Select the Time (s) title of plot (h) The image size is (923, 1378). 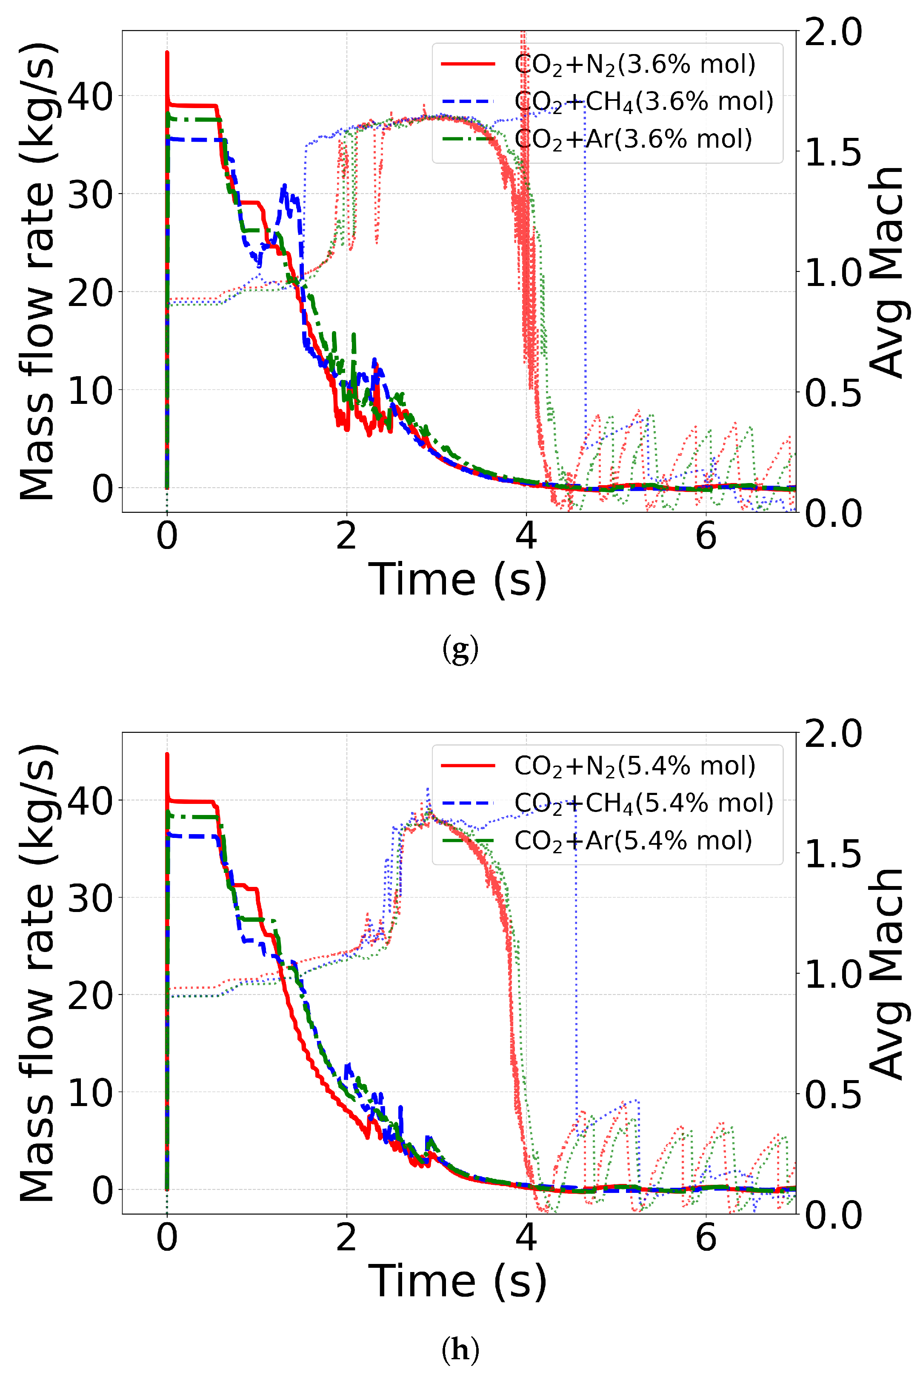[x=457, y=1281]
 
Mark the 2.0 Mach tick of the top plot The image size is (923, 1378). [x=833, y=32]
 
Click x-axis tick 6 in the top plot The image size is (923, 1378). [x=706, y=536]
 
